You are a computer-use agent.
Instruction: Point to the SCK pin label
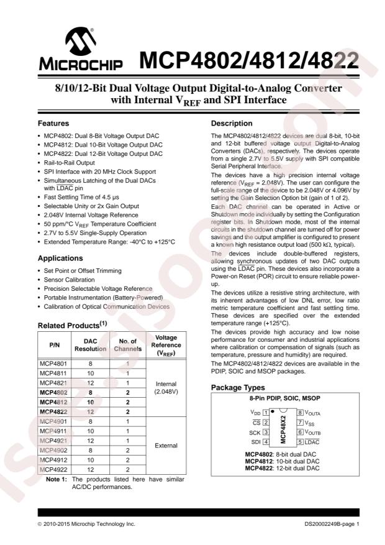254,432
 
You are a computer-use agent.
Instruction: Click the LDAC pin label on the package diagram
312,442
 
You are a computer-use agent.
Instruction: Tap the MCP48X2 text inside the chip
283,427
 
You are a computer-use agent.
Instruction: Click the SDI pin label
255,442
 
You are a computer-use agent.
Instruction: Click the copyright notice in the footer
86,524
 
